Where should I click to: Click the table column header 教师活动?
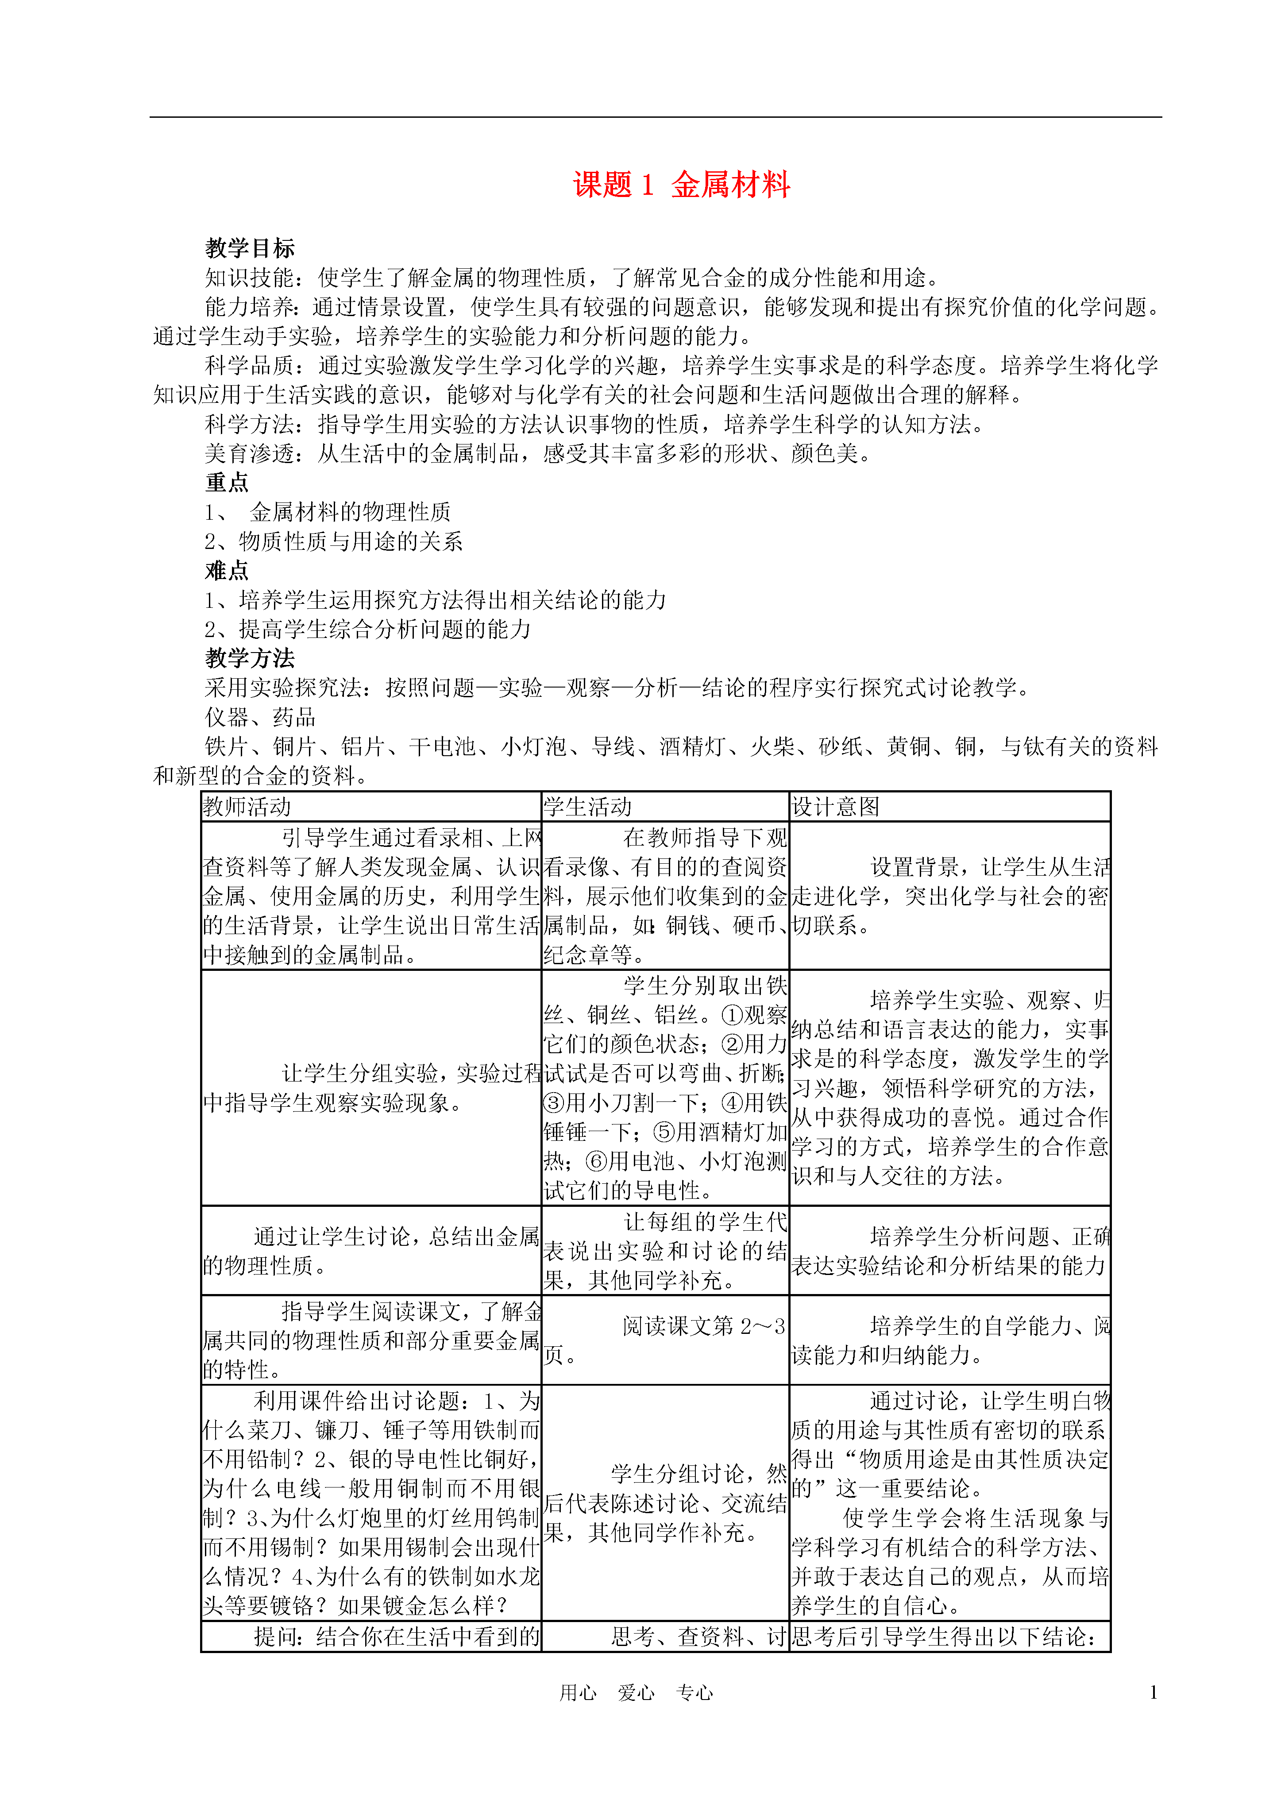point(247,807)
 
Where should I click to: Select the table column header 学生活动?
point(587,807)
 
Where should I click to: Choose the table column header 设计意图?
point(835,807)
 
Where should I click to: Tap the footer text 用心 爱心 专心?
point(636,1693)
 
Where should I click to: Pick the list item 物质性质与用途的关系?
point(351,541)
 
